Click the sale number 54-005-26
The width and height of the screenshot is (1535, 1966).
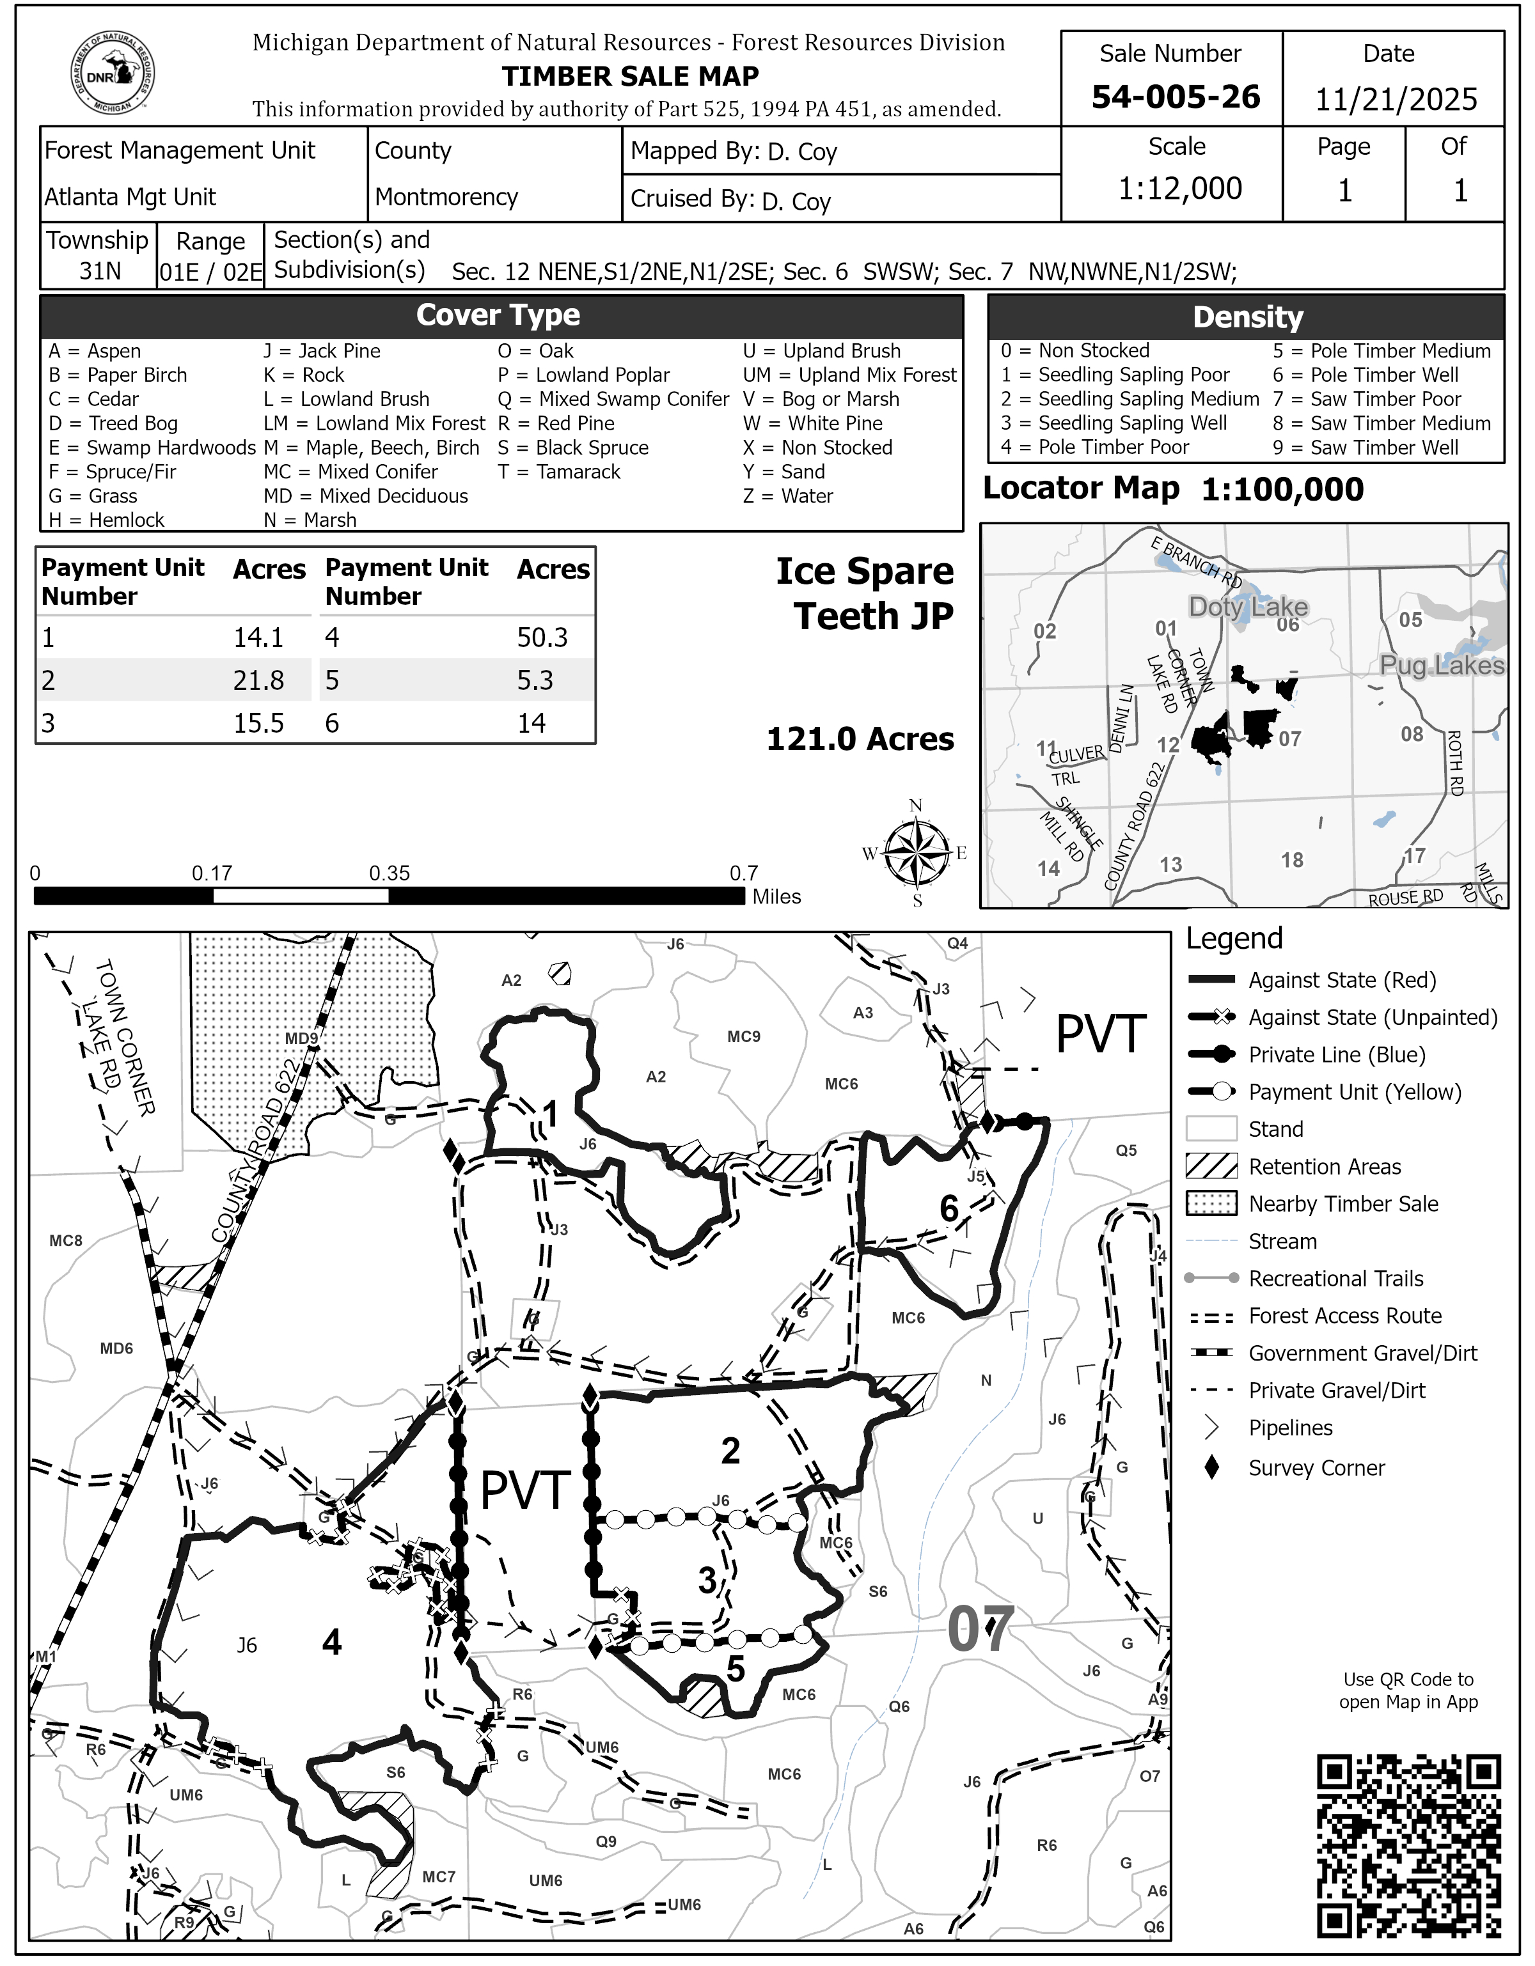click(x=1175, y=97)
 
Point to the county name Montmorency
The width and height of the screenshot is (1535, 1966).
click(x=446, y=196)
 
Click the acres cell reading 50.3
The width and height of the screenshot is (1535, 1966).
click(x=542, y=637)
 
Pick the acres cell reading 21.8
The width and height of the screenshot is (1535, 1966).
click(x=258, y=680)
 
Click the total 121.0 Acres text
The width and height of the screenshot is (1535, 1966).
click(x=860, y=739)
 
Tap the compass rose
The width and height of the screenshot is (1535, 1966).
click(x=917, y=852)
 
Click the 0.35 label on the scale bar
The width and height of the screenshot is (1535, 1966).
click(x=389, y=873)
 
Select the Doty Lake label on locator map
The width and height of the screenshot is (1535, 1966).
click(x=1248, y=607)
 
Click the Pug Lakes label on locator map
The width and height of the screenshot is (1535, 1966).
click(x=1442, y=665)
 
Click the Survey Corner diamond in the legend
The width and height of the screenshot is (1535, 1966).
click(x=1212, y=1467)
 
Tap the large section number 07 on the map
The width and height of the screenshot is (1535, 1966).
click(x=980, y=1629)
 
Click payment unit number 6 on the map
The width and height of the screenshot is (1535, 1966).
click(x=949, y=1208)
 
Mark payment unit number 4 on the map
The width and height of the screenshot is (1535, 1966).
click(x=331, y=1643)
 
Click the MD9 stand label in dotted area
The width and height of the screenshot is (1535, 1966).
click(x=302, y=1039)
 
